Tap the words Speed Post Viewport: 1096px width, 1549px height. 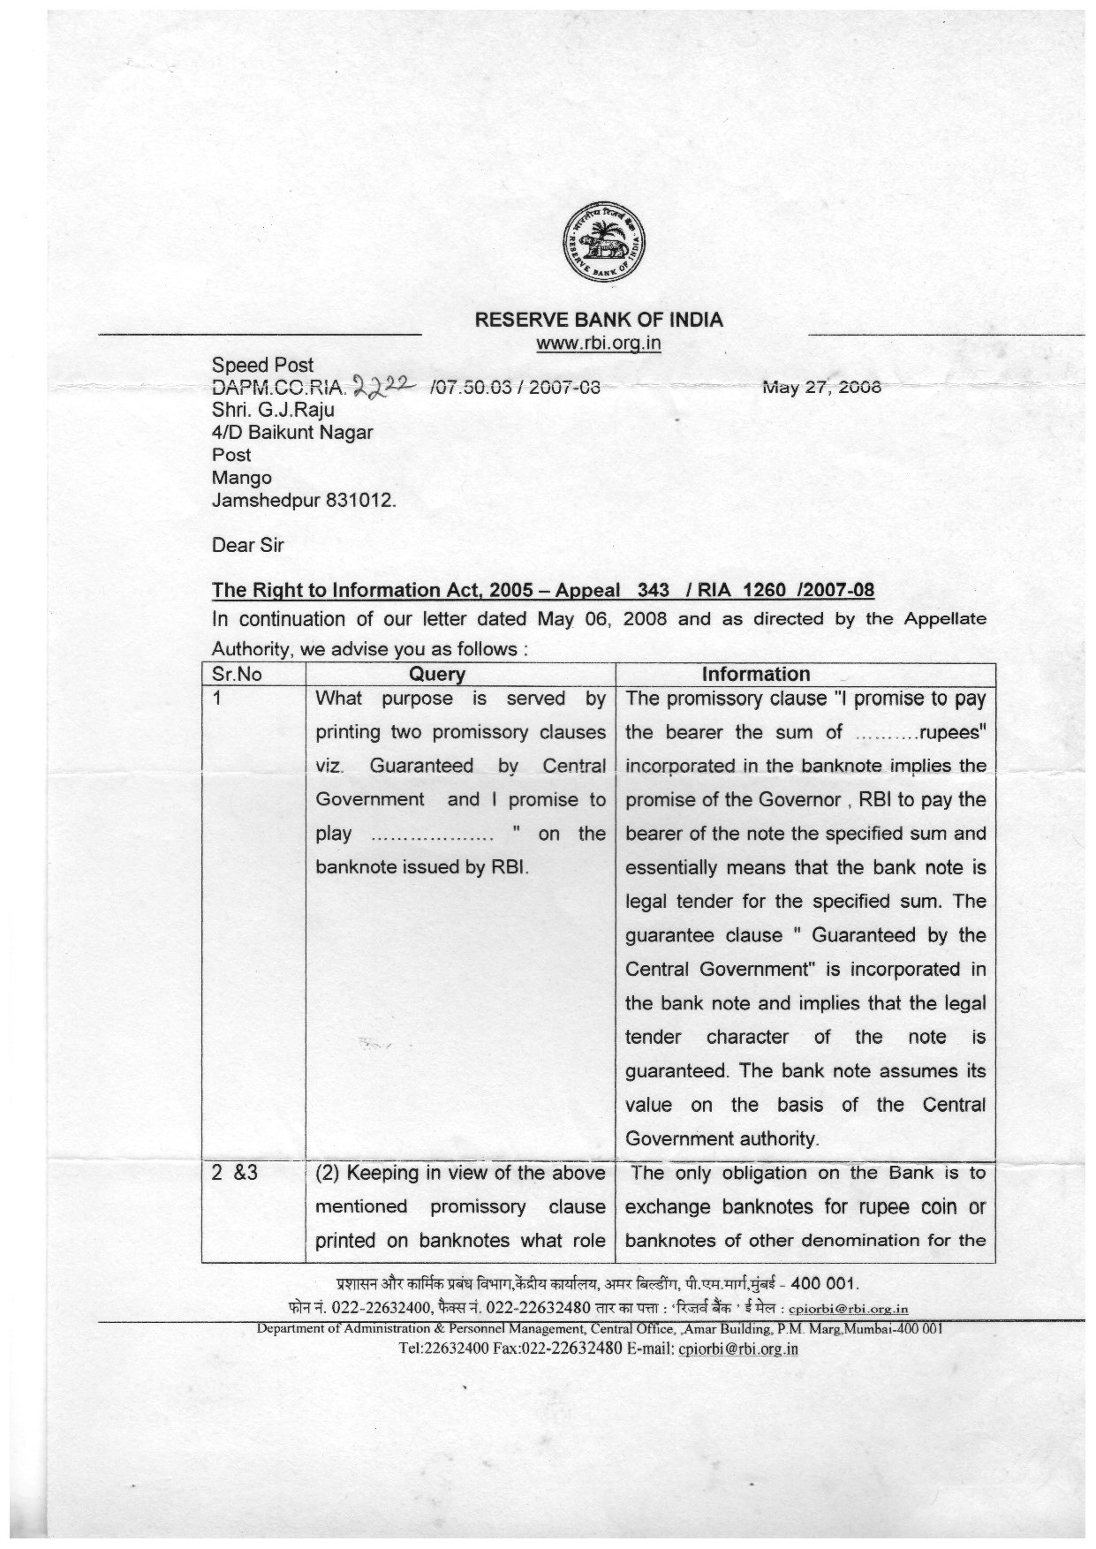coord(262,365)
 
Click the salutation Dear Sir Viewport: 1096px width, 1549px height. coord(247,545)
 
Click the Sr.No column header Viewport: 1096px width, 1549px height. coord(237,674)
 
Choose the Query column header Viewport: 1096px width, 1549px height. coord(437,674)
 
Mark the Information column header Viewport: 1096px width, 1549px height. coord(755,674)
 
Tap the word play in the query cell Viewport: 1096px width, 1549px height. coord(334,834)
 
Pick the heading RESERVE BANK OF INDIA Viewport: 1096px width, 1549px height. coord(599,320)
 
